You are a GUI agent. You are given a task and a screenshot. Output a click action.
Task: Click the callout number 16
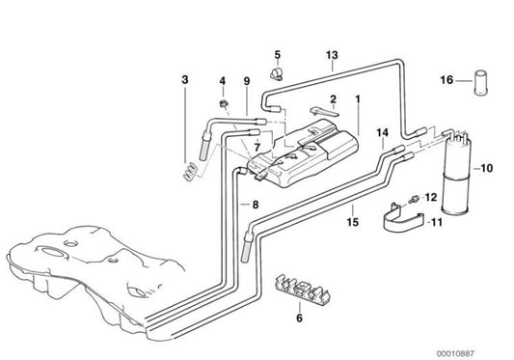click(x=446, y=80)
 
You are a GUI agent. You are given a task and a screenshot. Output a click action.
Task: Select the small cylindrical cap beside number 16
click(x=481, y=82)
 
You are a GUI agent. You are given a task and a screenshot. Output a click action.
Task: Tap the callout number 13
click(x=332, y=55)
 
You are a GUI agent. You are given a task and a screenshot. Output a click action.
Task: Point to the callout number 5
click(x=278, y=54)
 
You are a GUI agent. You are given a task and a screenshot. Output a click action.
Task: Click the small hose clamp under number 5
click(x=277, y=74)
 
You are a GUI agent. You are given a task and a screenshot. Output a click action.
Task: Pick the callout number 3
click(x=185, y=79)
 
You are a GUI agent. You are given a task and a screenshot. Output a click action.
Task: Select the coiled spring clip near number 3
click(x=190, y=171)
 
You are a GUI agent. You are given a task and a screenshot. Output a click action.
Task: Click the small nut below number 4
click(x=224, y=104)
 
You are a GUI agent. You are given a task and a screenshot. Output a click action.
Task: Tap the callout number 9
click(x=247, y=81)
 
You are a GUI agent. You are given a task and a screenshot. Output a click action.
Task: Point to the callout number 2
click(x=333, y=98)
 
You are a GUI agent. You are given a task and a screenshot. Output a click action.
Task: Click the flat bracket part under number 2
click(x=324, y=112)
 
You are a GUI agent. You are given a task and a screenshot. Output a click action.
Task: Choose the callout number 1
click(x=358, y=98)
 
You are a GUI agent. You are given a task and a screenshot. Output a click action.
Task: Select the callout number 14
click(x=382, y=133)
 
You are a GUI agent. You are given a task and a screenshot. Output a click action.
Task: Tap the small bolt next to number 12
click(x=414, y=199)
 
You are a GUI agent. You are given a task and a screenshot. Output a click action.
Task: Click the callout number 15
click(x=353, y=222)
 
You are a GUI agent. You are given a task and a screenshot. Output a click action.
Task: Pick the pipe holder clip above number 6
click(x=301, y=289)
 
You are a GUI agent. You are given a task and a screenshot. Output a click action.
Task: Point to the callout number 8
click(x=256, y=205)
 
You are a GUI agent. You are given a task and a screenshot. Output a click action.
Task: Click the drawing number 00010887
click(x=455, y=353)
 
